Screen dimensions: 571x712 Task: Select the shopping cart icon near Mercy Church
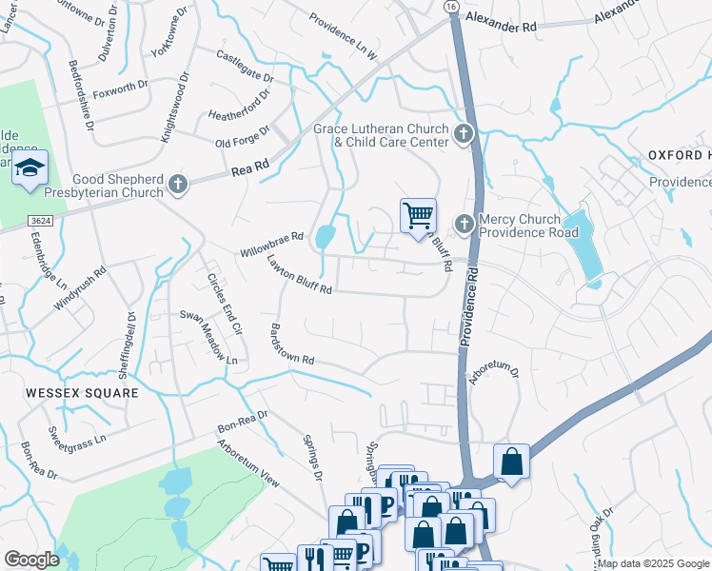pyautogui.click(x=418, y=215)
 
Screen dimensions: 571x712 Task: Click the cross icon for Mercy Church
pyautogui.click(x=464, y=225)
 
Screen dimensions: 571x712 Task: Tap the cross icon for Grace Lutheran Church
pyautogui.click(x=464, y=134)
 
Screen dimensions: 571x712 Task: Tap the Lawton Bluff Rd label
pyautogui.click(x=299, y=275)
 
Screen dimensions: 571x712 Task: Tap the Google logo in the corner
pyautogui.click(x=31, y=560)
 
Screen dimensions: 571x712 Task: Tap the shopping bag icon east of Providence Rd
pyautogui.click(x=511, y=463)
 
